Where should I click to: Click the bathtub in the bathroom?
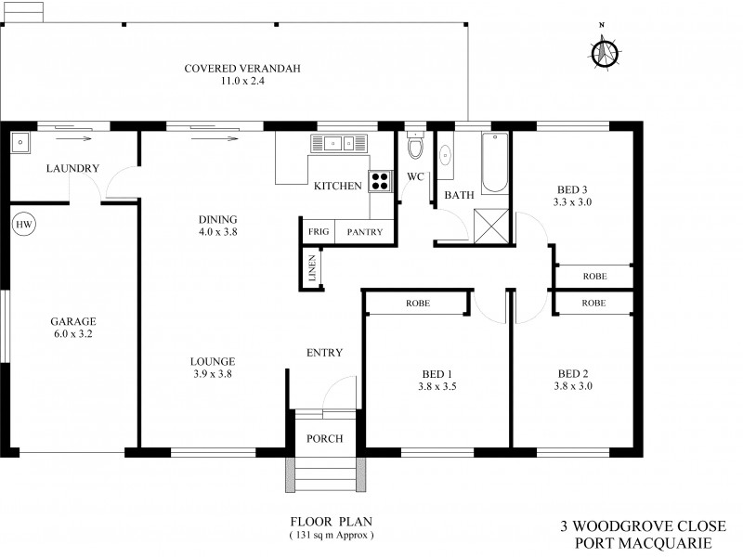[495, 162]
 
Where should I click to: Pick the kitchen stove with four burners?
[381, 180]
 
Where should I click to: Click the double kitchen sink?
[339, 143]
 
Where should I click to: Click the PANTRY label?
[365, 232]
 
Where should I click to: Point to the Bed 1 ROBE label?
[417, 304]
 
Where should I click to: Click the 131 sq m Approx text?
[332, 537]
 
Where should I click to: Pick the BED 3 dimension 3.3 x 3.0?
[572, 201]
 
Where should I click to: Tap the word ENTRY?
[324, 353]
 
